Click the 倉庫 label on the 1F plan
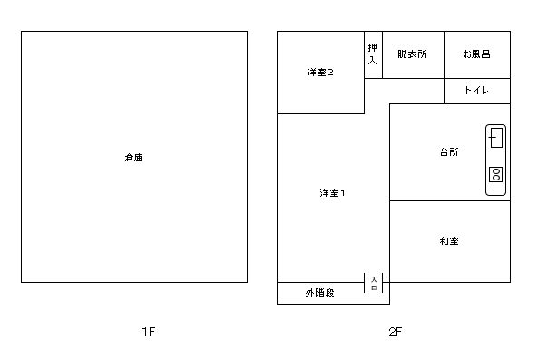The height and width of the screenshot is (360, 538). (x=133, y=158)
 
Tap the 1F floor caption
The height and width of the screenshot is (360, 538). (x=150, y=332)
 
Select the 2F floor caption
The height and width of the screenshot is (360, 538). (x=395, y=332)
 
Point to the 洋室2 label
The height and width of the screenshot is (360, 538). (x=318, y=73)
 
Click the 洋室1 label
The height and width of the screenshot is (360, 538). (x=332, y=192)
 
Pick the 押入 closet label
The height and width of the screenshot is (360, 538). (x=372, y=54)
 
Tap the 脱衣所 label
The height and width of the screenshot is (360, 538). (x=412, y=54)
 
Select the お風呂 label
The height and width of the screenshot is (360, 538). (x=476, y=54)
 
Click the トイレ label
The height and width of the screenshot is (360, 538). (x=476, y=91)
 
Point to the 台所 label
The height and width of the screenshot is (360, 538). (x=448, y=152)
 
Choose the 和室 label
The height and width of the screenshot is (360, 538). (x=448, y=241)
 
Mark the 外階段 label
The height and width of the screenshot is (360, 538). (x=319, y=293)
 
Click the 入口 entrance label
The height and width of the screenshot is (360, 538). (x=374, y=283)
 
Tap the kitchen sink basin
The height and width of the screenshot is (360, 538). (x=496, y=138)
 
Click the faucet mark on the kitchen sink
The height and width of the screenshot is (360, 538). (x=491, y=138)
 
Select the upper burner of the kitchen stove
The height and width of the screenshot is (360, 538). (x=496, y=170)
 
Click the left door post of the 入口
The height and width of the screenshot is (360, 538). (x=366, y=283)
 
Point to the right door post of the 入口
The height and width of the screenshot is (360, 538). (x=382, y=283)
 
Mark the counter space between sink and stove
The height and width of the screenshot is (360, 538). (x=496, y=157)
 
